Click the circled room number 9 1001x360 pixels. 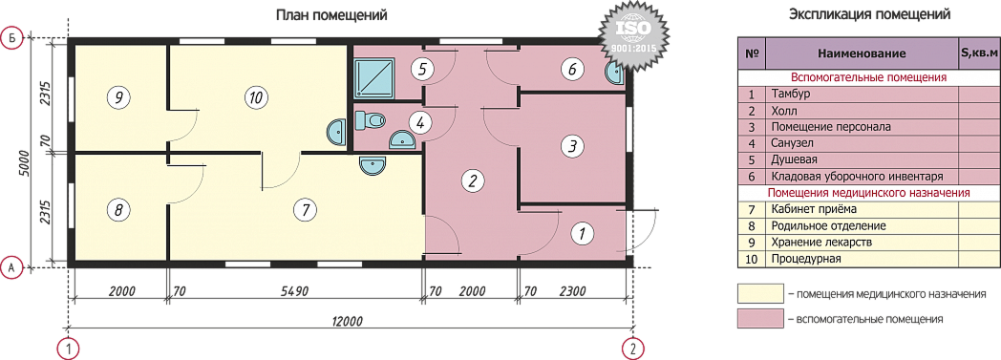[x=117, y=97]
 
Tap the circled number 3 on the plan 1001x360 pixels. [x=572, y=146]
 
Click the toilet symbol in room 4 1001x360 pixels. [x=370, y=119]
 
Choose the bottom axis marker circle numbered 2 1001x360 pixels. [x=633, y=349]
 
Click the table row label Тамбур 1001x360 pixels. [x=792, y=95]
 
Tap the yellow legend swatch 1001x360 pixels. [x=759, y=293]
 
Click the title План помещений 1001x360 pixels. [x=331, y=14]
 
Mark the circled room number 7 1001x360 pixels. [x=305, y=209]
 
